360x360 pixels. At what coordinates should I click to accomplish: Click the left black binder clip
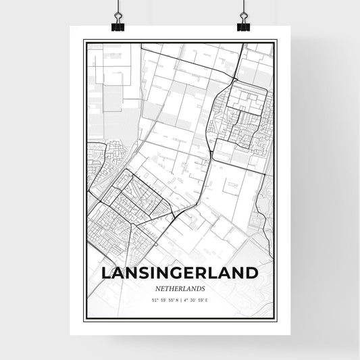coord(118,26)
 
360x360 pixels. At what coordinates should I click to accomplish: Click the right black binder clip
coord(243,26)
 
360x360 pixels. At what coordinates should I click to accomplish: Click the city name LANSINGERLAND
coord(180,274)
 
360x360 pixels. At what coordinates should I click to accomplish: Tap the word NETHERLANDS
coord(180,288)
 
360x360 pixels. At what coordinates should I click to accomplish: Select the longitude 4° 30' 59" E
coord(201,300)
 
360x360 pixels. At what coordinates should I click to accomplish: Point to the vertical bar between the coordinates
coord(180,300)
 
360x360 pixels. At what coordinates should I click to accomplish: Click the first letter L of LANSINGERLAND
coord(106,274)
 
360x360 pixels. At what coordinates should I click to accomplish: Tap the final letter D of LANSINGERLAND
coord(252,274)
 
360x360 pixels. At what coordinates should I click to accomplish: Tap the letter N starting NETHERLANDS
coord(156,288)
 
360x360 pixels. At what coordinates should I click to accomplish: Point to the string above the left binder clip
coord(118,5)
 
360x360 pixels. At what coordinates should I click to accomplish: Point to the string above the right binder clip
coord(243,5)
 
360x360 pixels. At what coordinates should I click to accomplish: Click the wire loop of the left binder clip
coord(118,18)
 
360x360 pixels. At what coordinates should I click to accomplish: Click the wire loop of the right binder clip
coord(243,18)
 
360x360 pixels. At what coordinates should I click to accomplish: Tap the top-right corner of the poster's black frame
coord(276,40)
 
